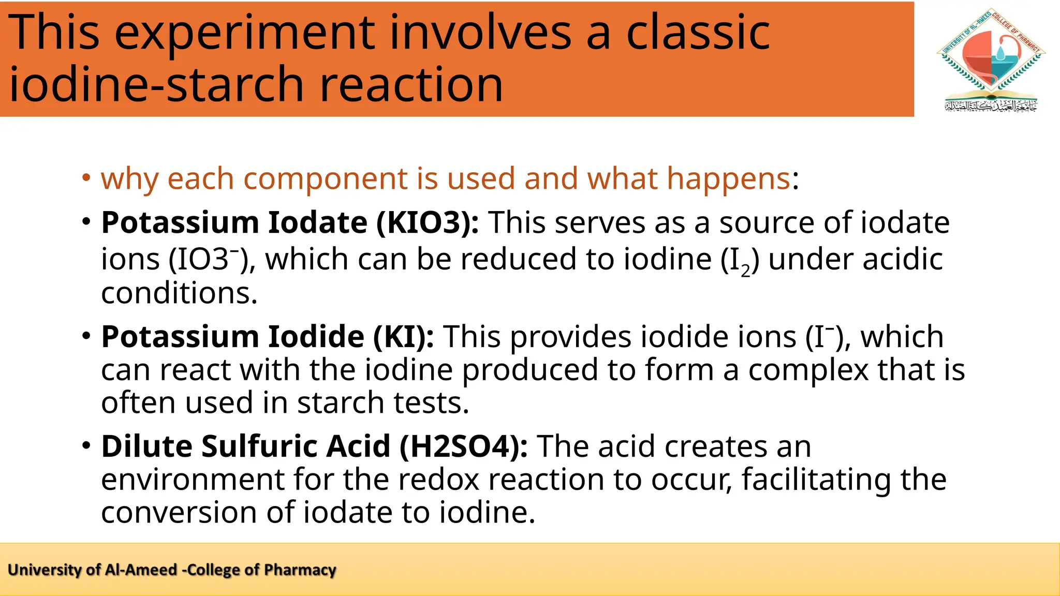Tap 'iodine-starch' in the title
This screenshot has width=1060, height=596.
tap(156, 84)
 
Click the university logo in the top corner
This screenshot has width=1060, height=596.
tap(991, 60)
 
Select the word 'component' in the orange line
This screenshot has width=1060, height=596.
tap(326, 179)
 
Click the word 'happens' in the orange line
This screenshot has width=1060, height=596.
tap(729, 179)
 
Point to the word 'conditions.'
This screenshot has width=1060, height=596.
tap(179, 293)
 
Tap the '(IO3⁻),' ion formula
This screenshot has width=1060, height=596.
tap(212, 259)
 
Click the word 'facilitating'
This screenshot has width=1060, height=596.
tap(816, 480)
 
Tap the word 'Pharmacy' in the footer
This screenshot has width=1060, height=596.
tap(300, 570)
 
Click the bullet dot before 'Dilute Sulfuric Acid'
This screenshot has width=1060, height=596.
tap(86, 445)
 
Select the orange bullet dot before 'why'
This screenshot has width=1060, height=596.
tap(86, 177)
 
